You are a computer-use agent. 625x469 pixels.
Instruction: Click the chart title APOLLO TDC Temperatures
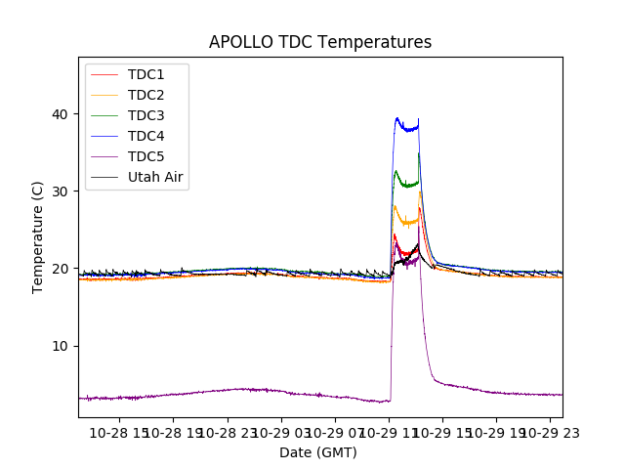coord(320,42)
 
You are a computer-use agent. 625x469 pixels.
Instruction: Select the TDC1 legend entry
coord(146,74)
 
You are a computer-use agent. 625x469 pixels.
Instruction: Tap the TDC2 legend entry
coord(146,95)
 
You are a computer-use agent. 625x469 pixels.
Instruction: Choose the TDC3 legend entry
coord(146,115)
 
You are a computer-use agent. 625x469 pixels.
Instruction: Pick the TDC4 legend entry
coord(146,136)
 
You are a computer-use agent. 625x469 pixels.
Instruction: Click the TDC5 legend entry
coord(146,156)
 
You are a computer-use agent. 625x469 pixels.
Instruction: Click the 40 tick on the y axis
coord(60,114)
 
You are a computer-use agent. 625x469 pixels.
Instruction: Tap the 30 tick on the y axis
coord(60,192)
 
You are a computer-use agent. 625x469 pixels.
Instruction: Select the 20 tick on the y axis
coord(60,269)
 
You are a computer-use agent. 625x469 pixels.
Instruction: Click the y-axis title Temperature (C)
coord(37,236)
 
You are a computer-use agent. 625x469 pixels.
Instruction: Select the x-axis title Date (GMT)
coord(318,452)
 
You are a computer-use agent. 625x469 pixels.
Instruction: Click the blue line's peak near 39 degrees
coord(397,118)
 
